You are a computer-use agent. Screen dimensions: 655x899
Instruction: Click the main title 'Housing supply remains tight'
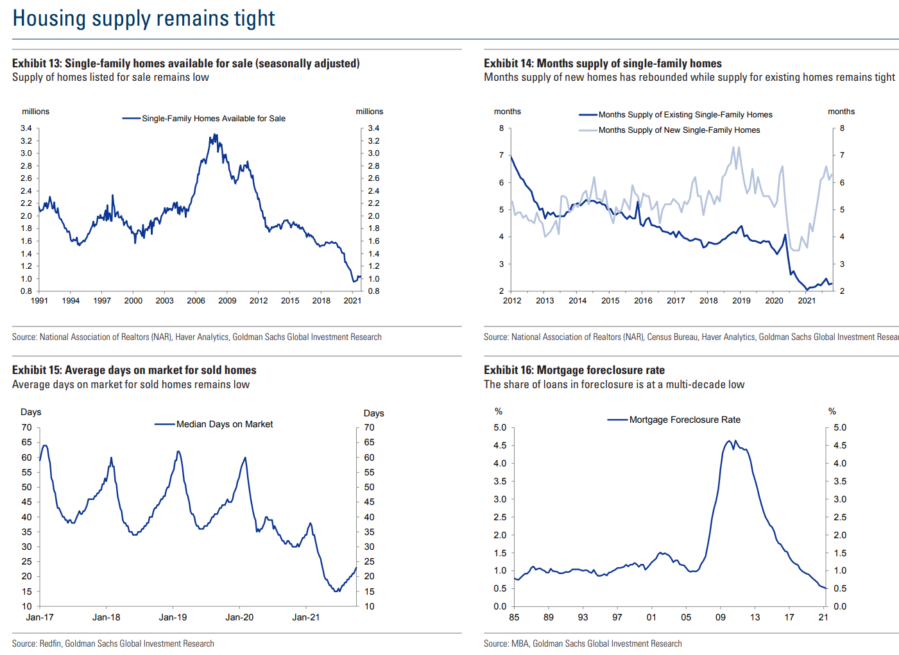[x=144, y=18]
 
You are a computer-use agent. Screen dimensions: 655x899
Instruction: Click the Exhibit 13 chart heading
[x=185, y=63]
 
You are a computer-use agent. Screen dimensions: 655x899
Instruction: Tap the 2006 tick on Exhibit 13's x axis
[x=196, y=300]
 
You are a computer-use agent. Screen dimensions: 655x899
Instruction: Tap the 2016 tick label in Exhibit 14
[x=643, y=300]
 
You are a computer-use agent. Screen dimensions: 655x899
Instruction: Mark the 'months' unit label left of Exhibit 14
[x=507, y=111]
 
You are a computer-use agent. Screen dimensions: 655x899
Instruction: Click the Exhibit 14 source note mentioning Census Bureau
[x=690, y=337]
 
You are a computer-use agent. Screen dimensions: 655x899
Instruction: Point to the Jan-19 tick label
[x=173, y=617]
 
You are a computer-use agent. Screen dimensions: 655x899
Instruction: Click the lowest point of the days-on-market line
[x=337, y=591]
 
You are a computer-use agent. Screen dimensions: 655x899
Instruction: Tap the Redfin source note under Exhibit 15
[x=113, y=643]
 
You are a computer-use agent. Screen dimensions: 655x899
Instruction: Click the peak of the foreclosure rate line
[x=729, y=441]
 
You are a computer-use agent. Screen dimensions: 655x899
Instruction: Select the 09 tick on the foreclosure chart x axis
[x=721, y=617]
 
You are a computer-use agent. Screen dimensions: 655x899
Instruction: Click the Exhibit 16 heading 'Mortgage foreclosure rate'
[x=574, y=370]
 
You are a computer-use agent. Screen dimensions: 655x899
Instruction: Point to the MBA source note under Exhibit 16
[x=583, y=643]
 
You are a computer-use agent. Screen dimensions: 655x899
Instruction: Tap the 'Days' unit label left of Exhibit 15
[x=31, y=412]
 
